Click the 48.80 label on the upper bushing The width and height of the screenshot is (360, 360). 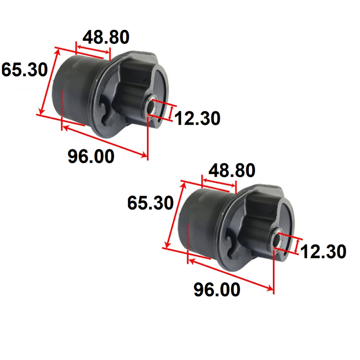106,37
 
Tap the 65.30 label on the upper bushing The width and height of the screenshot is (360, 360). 25,69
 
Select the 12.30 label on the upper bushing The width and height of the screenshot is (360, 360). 198,118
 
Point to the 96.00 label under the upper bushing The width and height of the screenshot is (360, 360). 91,156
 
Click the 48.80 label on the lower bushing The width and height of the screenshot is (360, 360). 232,170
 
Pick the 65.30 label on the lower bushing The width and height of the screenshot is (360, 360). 150,203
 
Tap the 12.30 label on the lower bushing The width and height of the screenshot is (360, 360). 323,252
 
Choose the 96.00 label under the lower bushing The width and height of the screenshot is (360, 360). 217,289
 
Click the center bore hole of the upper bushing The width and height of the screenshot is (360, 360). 151,107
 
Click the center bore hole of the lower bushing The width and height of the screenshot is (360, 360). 277,240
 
